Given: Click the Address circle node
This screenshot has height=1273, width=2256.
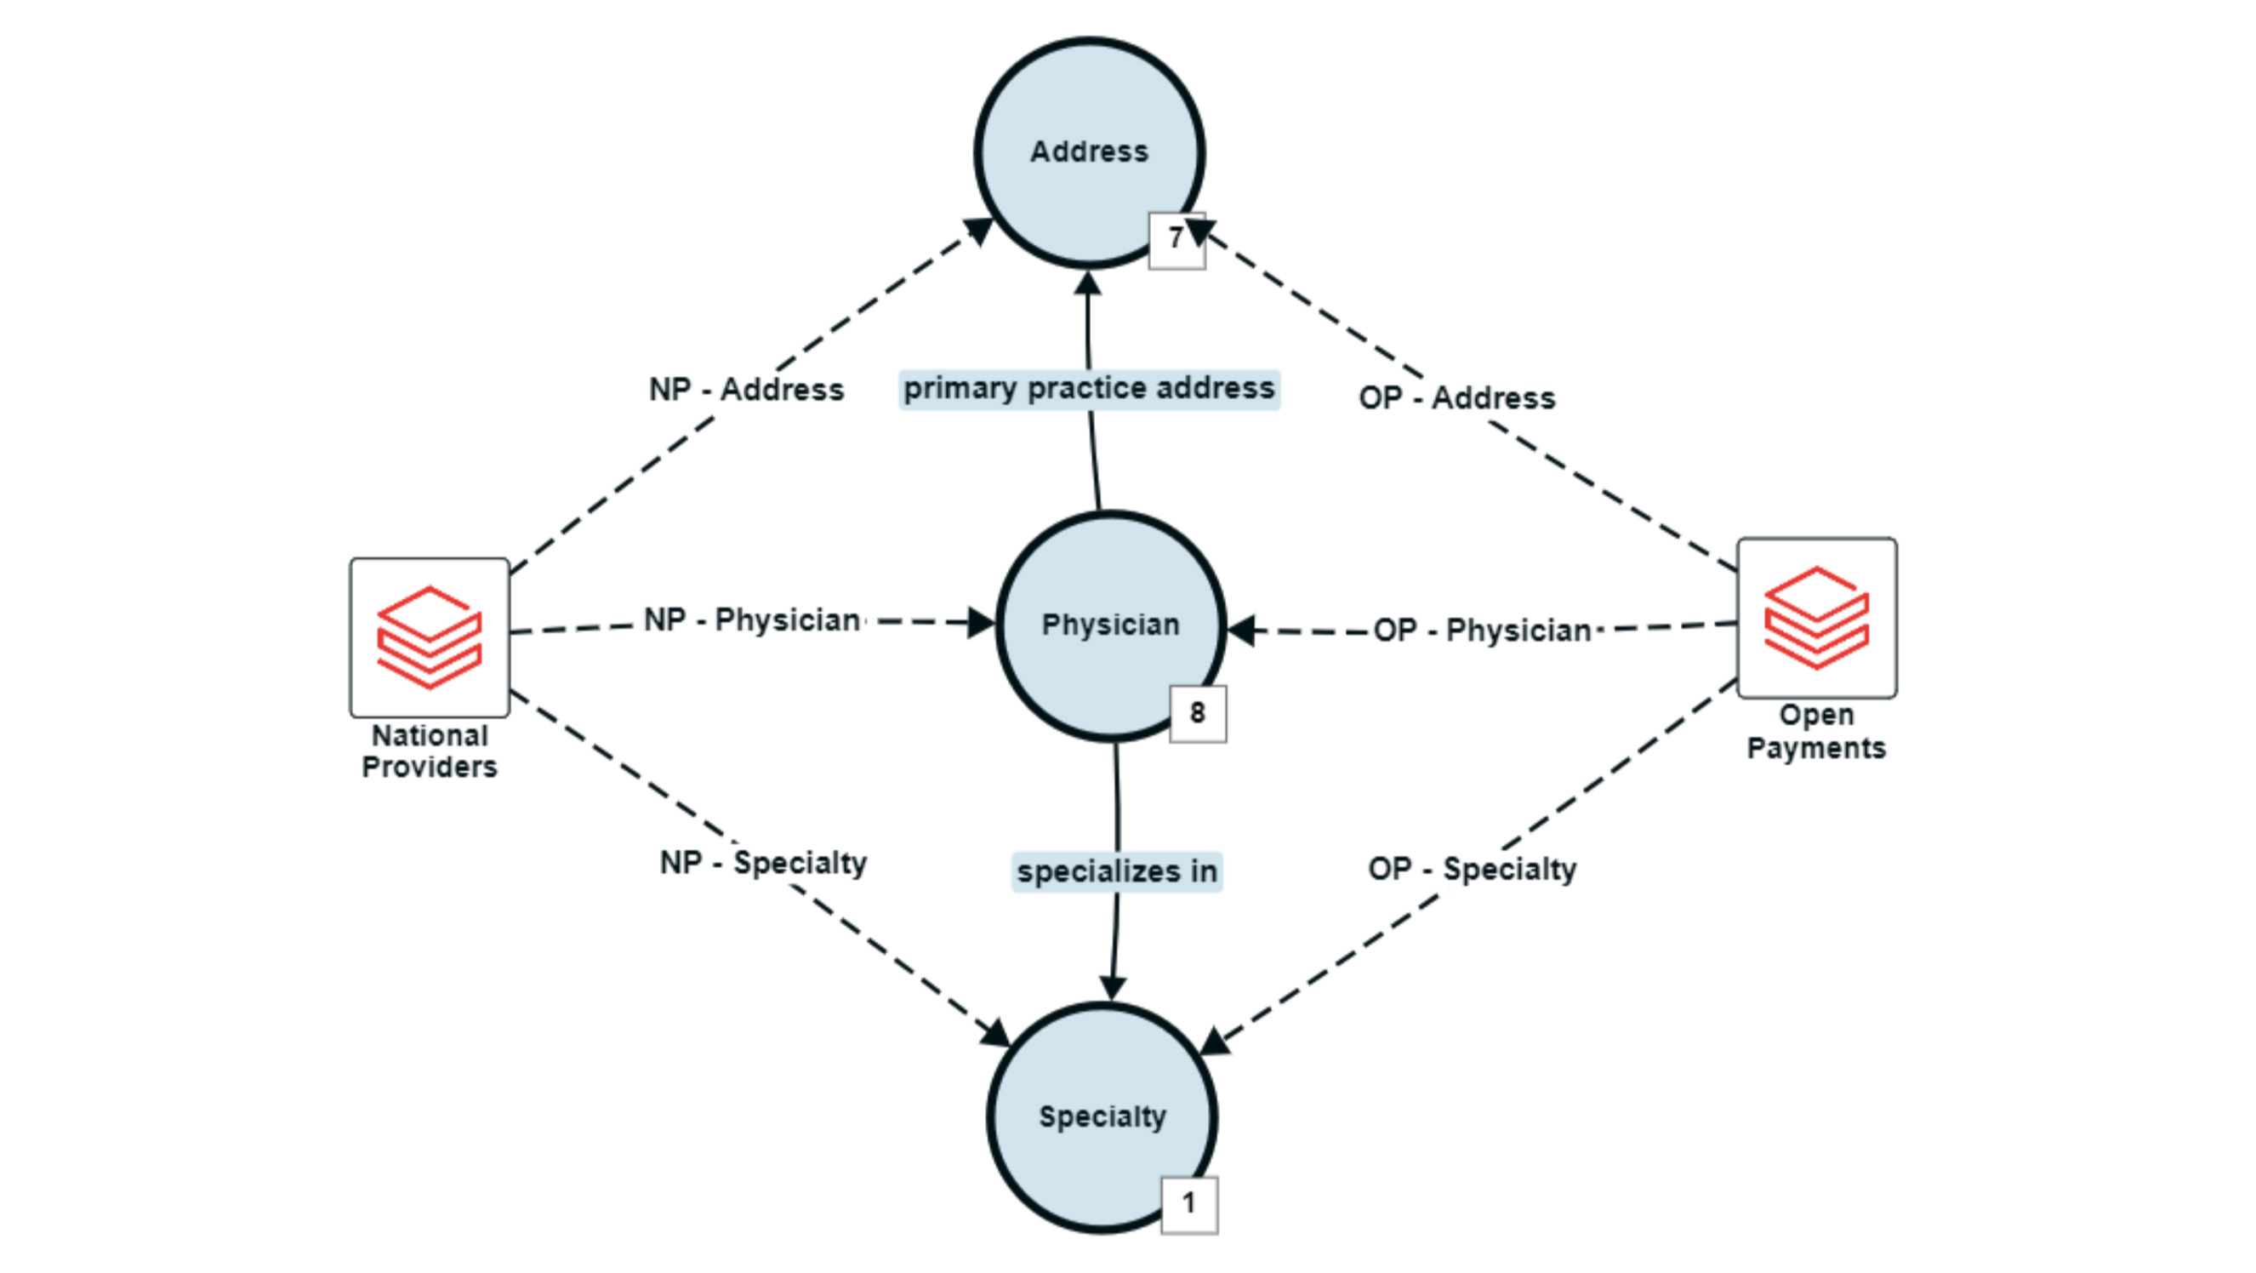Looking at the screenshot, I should pos(1089,151).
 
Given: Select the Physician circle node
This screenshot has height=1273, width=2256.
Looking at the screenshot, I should pos(1109,625).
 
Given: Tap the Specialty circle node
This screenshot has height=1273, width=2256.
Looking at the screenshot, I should pos(1102,1117).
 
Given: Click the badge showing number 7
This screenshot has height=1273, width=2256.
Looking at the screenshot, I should pos(1176,239).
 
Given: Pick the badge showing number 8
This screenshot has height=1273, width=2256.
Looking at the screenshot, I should pos(1197,713).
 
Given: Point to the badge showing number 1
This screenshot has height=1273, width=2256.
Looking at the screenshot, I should pos(1188,1205).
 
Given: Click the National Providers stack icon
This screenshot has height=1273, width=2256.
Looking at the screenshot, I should pos(429,637).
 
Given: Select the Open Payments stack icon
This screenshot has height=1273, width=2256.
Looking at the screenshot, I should pos(1816,618).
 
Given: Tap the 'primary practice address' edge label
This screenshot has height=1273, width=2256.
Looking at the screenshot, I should pos(1089,388).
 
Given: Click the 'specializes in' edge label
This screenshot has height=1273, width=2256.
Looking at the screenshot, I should pos(1117,871).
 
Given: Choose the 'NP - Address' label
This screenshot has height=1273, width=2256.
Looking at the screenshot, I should pos(746,390).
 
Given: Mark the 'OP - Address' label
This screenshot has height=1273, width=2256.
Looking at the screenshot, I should pos(1456,398).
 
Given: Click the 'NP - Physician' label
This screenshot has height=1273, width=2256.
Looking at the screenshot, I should pos(751,620).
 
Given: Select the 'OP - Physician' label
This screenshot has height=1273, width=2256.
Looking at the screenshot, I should pos(1482,631).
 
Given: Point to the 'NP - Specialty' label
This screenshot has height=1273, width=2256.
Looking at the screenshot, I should pos(763,863).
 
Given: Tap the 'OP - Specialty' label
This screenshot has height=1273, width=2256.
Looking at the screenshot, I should pos(1473,869).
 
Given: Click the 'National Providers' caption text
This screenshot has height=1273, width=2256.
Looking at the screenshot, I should pos(429,751).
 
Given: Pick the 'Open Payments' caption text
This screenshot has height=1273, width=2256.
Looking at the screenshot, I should pos(1816,732).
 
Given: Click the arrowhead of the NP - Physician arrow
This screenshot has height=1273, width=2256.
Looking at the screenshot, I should pos(981,624).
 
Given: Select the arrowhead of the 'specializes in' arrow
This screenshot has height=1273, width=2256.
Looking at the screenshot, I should pos(1112,987).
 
